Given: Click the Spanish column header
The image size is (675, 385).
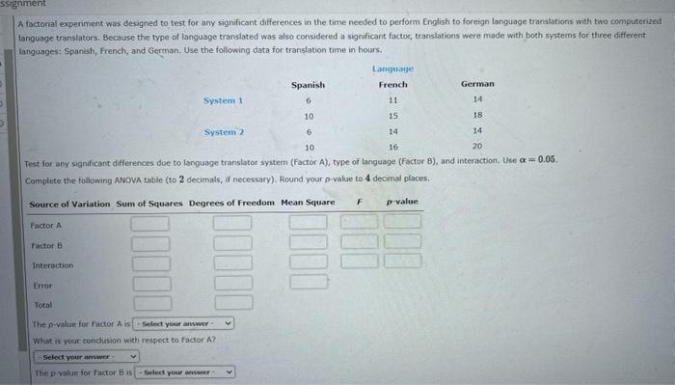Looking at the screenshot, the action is click(x=308, y=85).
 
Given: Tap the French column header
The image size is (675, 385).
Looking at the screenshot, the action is click(x=392, y=85).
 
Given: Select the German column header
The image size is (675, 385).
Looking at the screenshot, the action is click(x=477, y=85).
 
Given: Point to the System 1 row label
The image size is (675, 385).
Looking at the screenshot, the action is click(x=223, y=100).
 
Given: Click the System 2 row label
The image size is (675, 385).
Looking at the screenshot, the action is click(x=225, y=131).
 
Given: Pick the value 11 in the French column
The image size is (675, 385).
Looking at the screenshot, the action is click(x=392, y=100).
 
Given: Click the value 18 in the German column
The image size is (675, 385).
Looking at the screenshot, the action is click(x=477, y=116).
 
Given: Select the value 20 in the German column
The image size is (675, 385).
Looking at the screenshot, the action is click(x=477, y=147).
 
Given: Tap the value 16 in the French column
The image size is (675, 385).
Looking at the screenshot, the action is click(x=392, y=147).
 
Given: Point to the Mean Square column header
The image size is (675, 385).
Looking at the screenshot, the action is click(x=306, y=203).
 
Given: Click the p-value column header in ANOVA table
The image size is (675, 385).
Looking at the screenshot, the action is click(x=402, y=203).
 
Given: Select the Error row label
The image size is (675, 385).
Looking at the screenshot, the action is click(x=42, y=286).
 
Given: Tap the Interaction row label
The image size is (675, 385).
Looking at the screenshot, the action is click(x=52, y=265).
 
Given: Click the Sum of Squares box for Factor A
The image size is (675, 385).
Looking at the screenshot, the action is click(x=150, y=225).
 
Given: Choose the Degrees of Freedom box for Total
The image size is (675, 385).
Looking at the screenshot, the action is click(x=232, y=303).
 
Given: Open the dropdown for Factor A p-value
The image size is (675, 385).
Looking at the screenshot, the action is click(x=184, y=324).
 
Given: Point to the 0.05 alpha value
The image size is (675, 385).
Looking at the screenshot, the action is click(x=547, y=158).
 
